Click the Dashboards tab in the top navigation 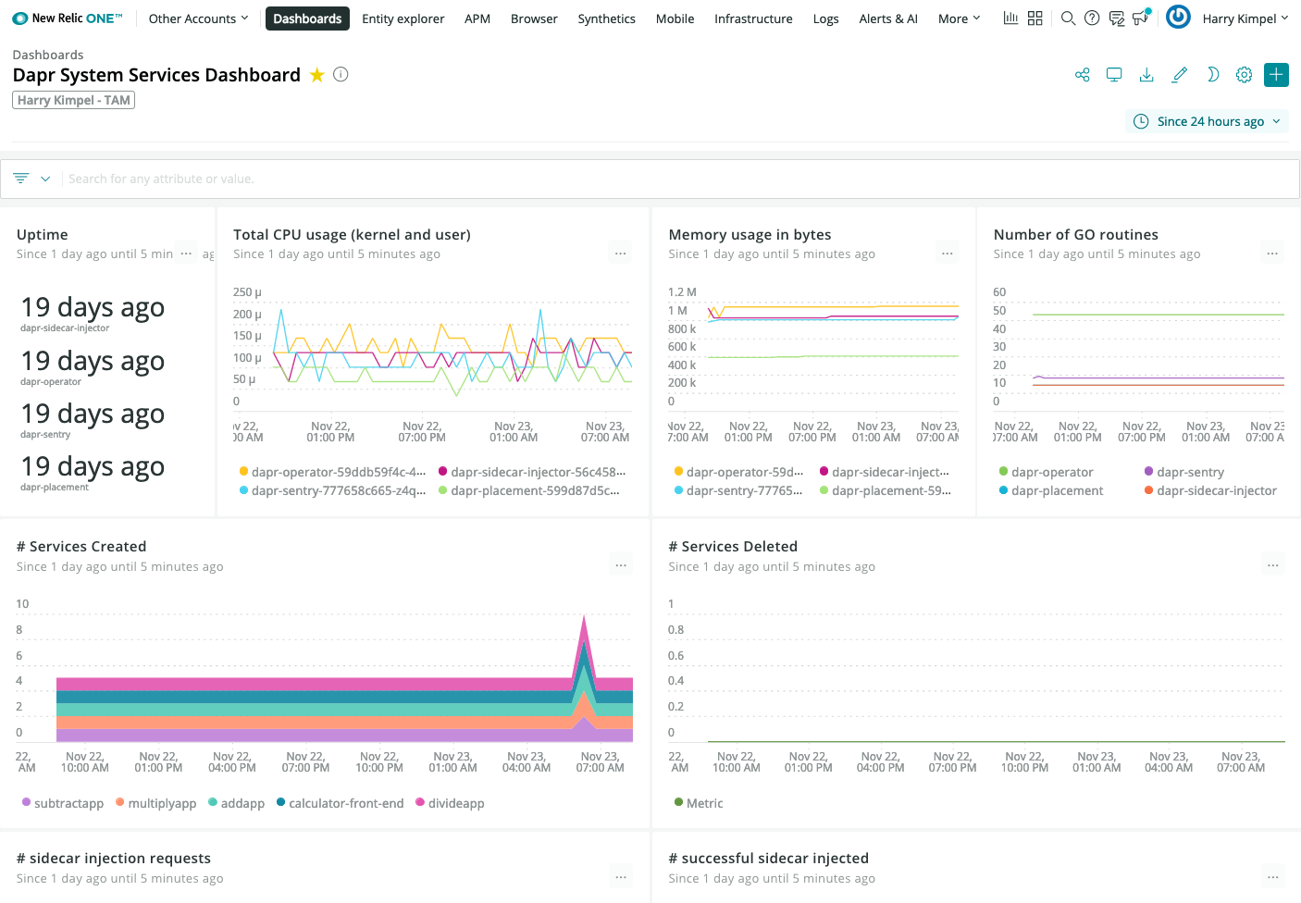pyautogui.click(x=307, y=19)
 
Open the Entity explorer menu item pyautogui.click(x=403, y=19)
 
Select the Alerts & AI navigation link pyautogui.click(x=887, y=19)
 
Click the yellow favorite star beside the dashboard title pyautogui.click(x=316, y=75)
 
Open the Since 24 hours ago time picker pyautogui.click(x=1208, y=121)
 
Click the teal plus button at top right pyautogui.click(x=1276, y=75)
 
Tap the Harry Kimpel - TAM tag pyautogui.click(x=73, y=100)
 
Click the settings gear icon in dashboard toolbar pyautogui.click(x=1244, y=75)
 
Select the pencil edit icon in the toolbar pyautogui.click(x=1179, y=75)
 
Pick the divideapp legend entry pyautogui.click(x=455, y=803)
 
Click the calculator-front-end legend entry pyautogui.click(x=345, y=803)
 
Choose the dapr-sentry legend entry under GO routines pyautogui.click(x=1189, y=472)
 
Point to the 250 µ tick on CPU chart pyautogui.click(x=247, y=292)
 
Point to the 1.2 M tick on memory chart pyautogui.click(x=682, y=292)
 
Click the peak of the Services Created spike pyautogui.click(x=584, y=616)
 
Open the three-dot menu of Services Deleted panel pyautogui.click(x=1272, y=565)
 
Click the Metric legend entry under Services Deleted pyautogui.click(x=703, y=803)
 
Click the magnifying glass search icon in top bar pyautogui.click(x=1068, y=19)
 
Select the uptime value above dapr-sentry pyautogui.click(x=93, y=414)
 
